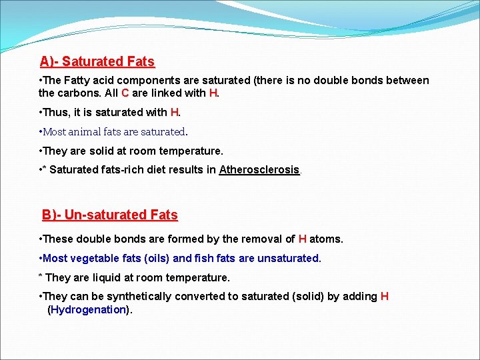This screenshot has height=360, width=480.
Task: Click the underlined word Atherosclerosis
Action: pos(259,170)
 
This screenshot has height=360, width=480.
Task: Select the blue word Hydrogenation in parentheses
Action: pos(88,309)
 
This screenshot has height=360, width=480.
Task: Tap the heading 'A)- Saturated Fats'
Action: pos(97,62)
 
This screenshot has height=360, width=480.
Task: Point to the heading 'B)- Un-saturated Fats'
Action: pos(110,215)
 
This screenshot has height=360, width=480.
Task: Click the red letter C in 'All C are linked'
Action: pos(125,93)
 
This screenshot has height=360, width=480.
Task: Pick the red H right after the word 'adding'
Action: pos(384,296)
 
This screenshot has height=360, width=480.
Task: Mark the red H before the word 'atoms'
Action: pos(302,239)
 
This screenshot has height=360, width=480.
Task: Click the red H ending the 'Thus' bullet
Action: pos(175,113)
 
